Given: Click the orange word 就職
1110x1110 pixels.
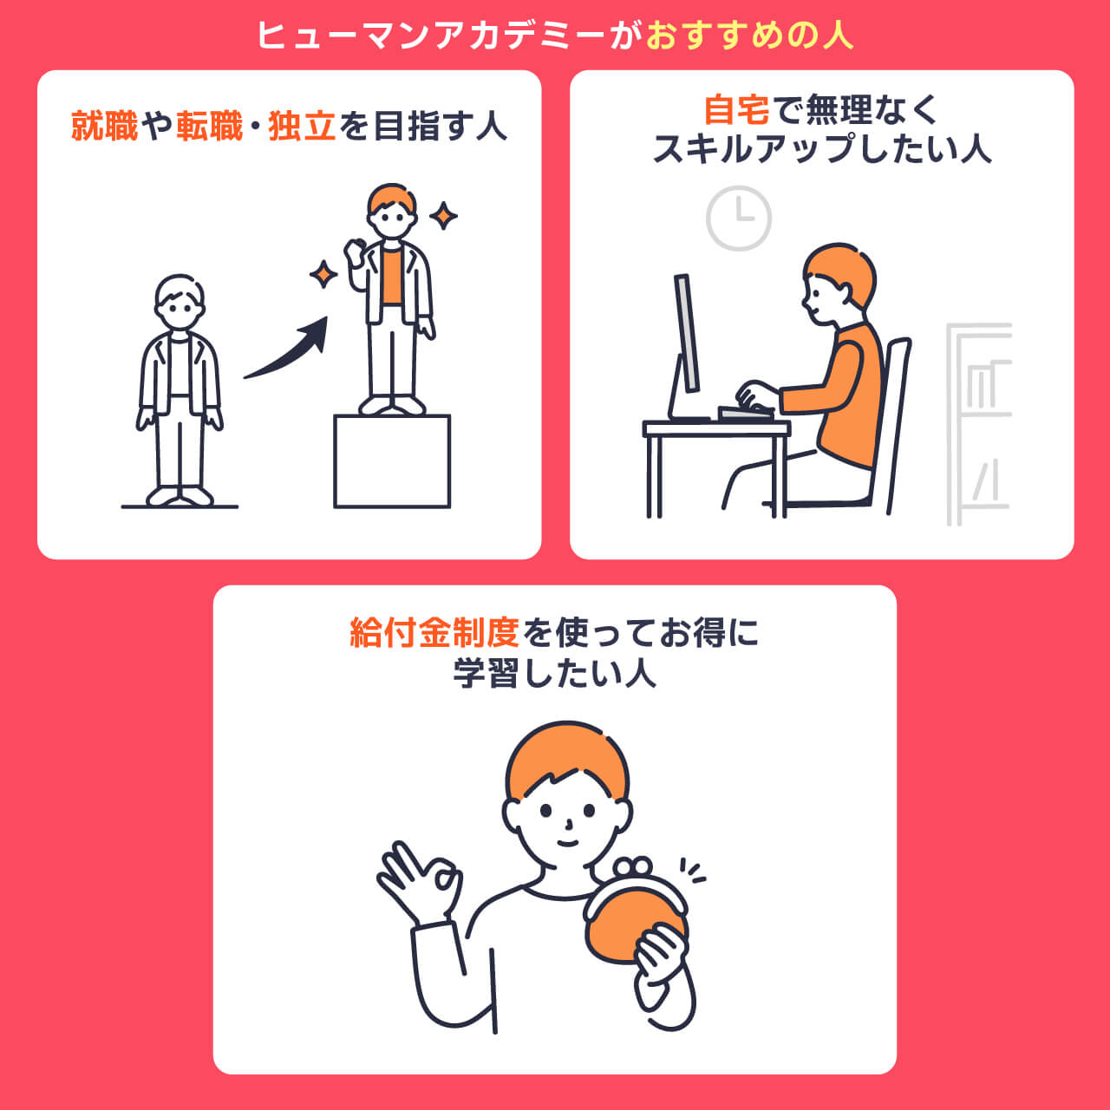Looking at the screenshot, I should (105, 127).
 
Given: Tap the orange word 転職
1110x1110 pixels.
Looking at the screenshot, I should (210, 127).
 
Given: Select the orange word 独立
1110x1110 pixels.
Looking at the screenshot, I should (302, 127).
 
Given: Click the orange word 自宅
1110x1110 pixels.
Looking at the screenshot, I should (736, 110).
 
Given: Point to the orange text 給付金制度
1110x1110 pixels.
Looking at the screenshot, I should (434, 633).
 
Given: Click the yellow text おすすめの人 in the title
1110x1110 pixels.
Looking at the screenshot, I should (750, 36).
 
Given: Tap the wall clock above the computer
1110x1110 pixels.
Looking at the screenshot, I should (739, 218).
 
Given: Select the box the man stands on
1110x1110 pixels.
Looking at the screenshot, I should (392, 461).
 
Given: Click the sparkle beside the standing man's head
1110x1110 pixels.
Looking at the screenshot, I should (444, 215).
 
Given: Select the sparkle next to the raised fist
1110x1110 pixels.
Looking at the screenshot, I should (323, 274).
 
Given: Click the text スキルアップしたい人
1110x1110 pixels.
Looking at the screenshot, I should (821, 149).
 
